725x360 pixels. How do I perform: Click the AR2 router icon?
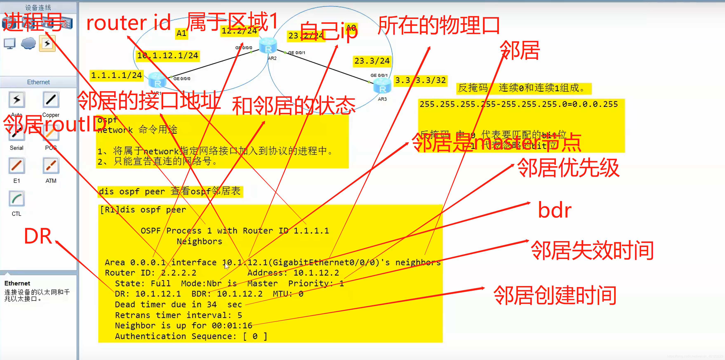click(x=268, y=46)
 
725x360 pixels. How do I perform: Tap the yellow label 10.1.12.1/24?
click(x=168, y=55)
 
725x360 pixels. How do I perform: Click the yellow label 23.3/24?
click(x=372, y=61)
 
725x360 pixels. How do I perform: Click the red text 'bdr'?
click(x=554, y=210)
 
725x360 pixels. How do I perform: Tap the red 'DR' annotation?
click(x=38, y=236)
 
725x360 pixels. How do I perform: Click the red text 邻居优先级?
click(x=568, y=168)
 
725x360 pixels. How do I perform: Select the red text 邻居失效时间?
click(x=592, y=250)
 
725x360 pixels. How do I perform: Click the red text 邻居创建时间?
click(x=555, y=295)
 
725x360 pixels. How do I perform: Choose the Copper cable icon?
click(x=51, y=100)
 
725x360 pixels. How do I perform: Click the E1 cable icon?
click(x=17, y=166)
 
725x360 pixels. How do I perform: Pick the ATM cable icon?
click(x=51, y=166)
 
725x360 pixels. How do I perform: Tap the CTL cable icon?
click(x=17, y=199)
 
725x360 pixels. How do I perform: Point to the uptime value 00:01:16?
click(x=232, y=326)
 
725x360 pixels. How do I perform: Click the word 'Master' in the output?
click(x=262, y=284)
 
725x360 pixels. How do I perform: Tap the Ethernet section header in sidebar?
click(x=38, y=82)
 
